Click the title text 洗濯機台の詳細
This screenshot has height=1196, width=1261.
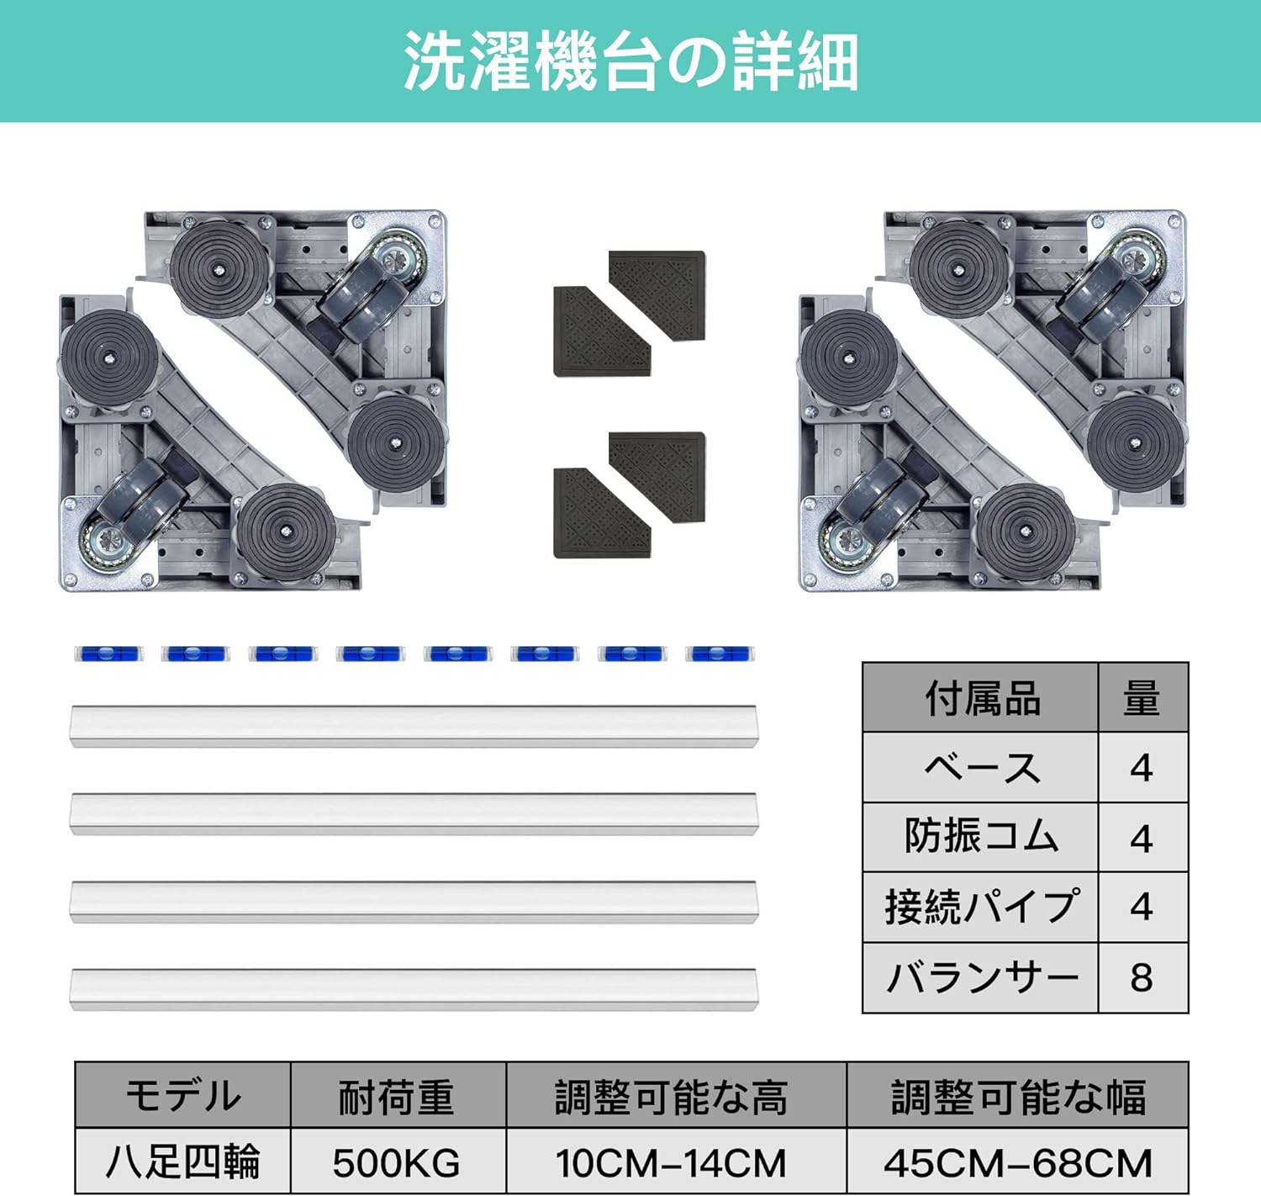tap(631, 62)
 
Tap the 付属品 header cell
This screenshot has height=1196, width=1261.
tap(980, 698)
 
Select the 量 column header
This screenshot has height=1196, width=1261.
tap(1142, 698)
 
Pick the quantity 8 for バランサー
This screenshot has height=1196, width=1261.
tap(1142, 977)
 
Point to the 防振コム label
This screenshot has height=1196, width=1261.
tap(980, 837)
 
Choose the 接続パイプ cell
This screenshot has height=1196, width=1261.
tap(980, 908)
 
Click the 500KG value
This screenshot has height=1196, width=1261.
tap(397, 1162)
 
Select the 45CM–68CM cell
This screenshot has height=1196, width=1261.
tap(1017, 1162)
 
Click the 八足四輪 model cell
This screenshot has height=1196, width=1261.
tap(182, 1162)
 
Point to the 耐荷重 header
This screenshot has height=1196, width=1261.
tap(397, 1097)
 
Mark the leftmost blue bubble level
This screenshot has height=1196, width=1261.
tap(108, 654)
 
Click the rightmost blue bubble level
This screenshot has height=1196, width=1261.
tap(720, 654)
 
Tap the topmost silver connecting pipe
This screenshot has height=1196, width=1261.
tap(414, 726)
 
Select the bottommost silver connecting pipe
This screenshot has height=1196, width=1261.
tap(414, 989)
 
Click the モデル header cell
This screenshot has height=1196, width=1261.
tap(182, 1097)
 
